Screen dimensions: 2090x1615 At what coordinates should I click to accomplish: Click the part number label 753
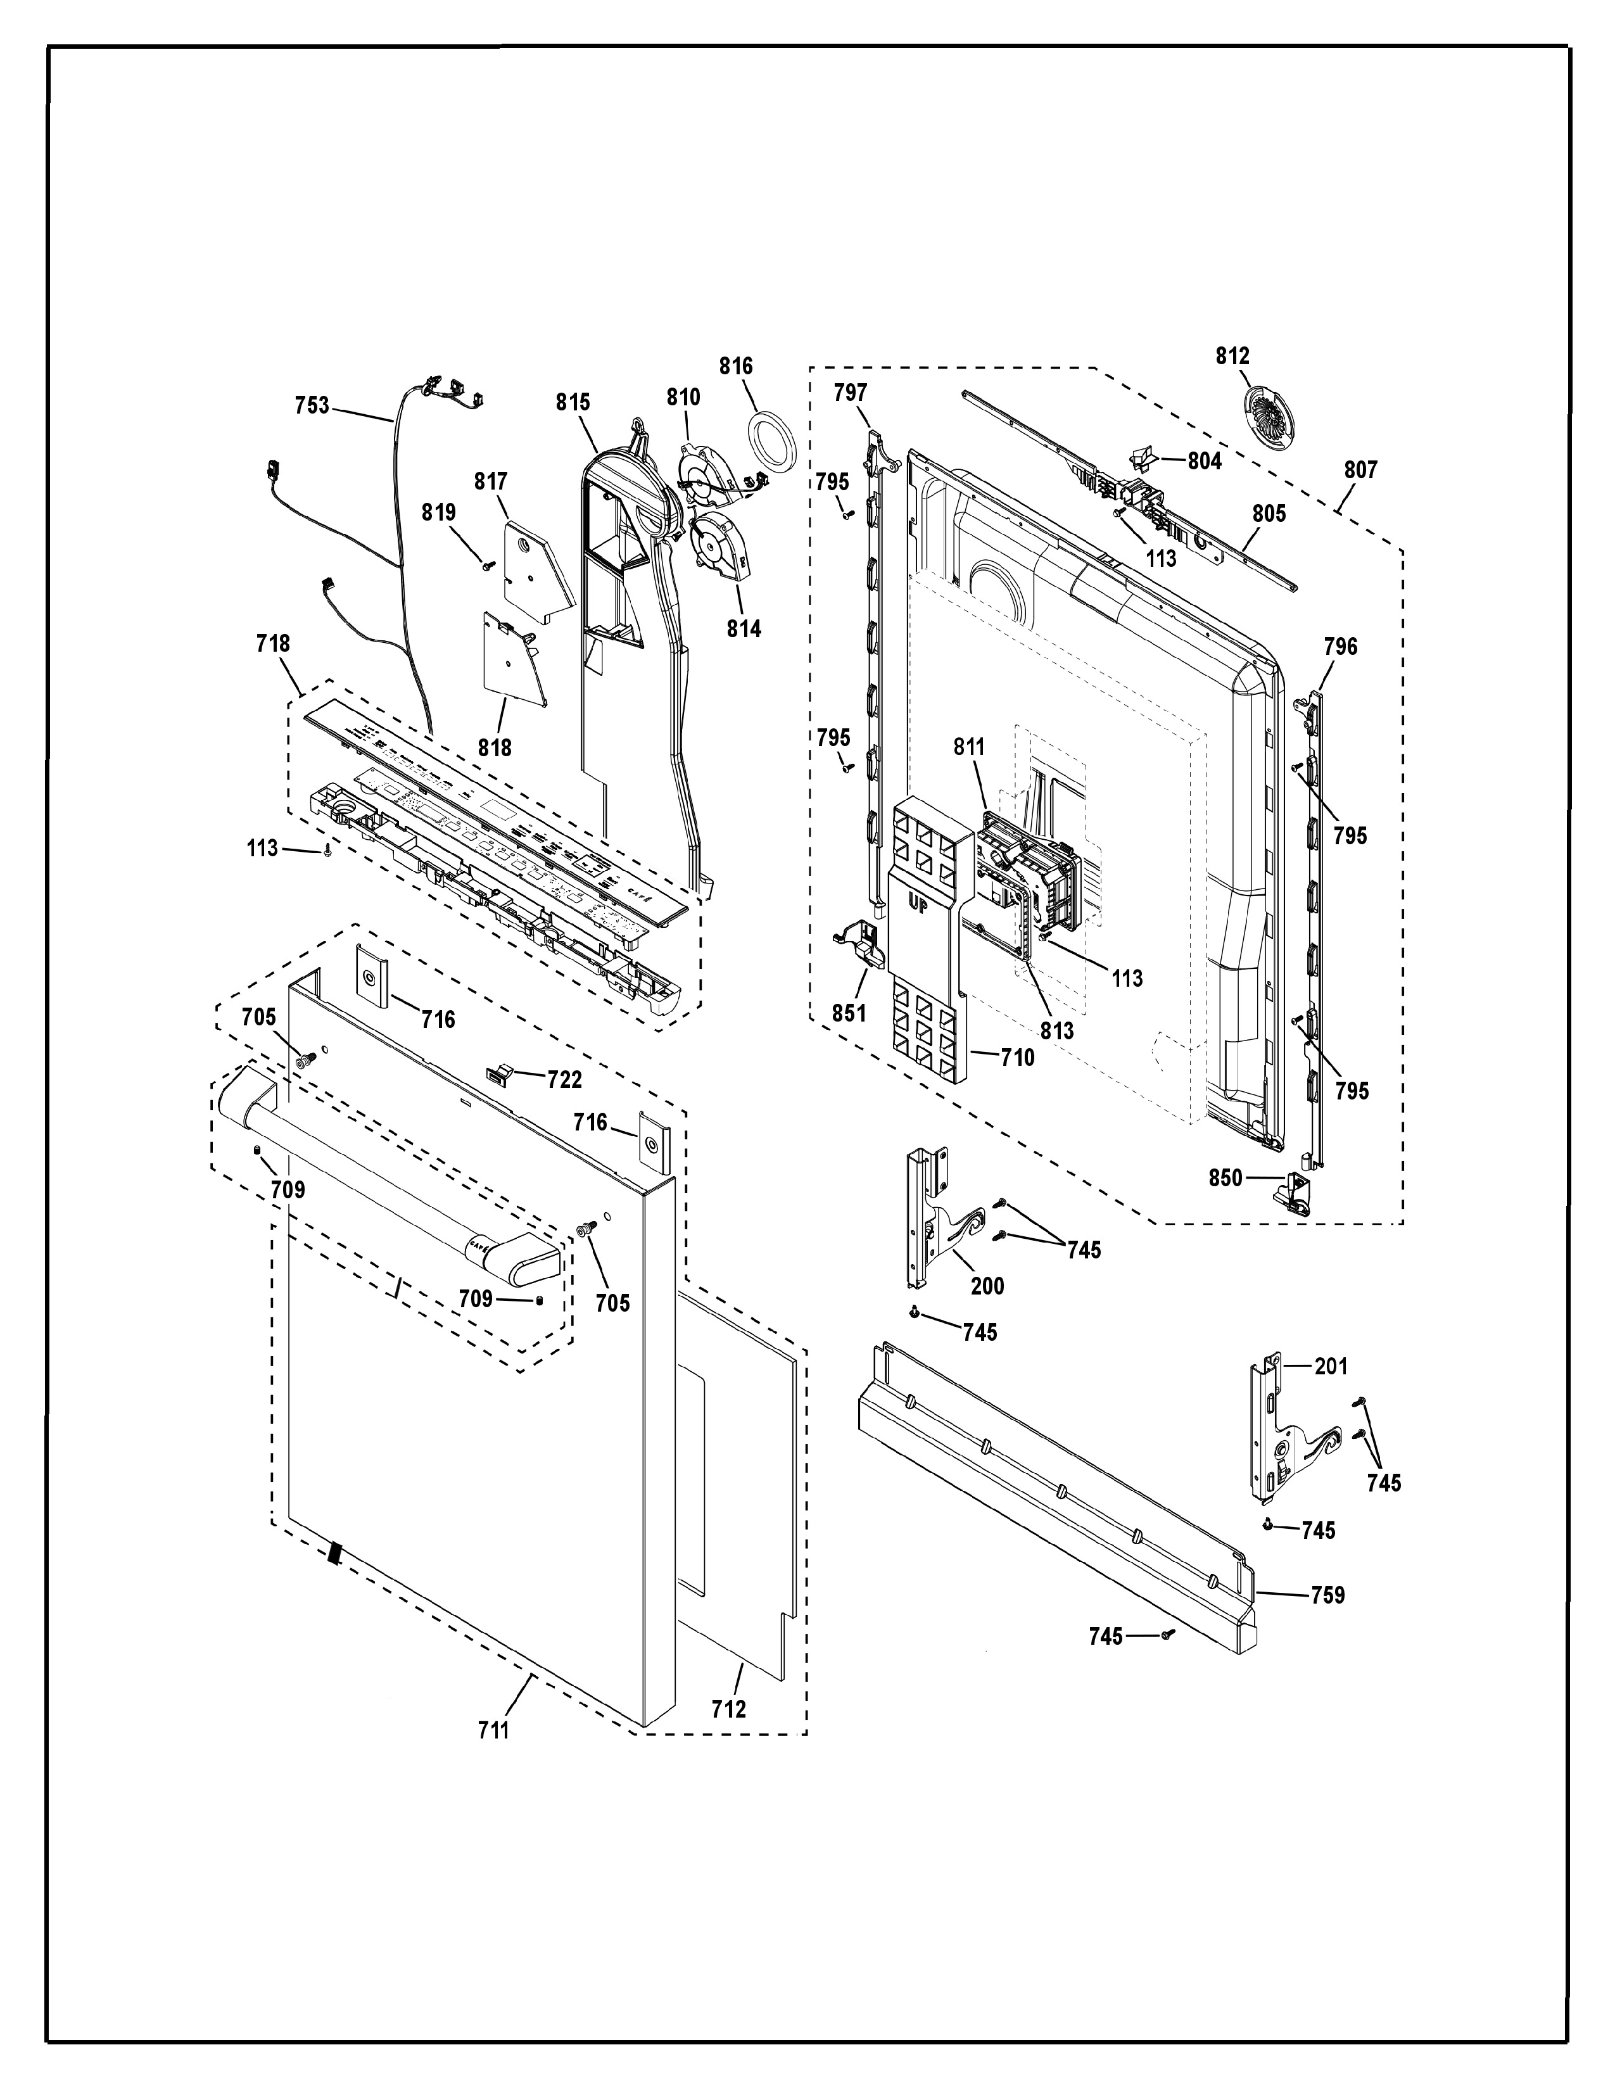[x=311, y=406]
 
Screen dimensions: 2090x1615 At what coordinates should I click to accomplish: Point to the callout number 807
[x=1360, y=470]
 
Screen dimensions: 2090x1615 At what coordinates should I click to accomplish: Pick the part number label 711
[x=494, y=1730]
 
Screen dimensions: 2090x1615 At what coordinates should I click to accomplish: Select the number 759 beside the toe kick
[x=1327, y=1595]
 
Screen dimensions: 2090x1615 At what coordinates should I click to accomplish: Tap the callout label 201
[x=1331, y=1367]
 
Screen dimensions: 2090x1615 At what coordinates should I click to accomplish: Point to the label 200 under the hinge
[x=987, y=1286]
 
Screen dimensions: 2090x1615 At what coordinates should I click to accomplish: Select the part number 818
[x=495, y=747]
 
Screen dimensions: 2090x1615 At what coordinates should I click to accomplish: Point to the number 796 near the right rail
[x=1340, y=647]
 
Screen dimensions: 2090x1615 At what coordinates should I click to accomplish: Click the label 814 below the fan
[x=744, y=629]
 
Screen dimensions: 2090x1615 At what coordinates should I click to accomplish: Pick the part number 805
[x=1269, y=513]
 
